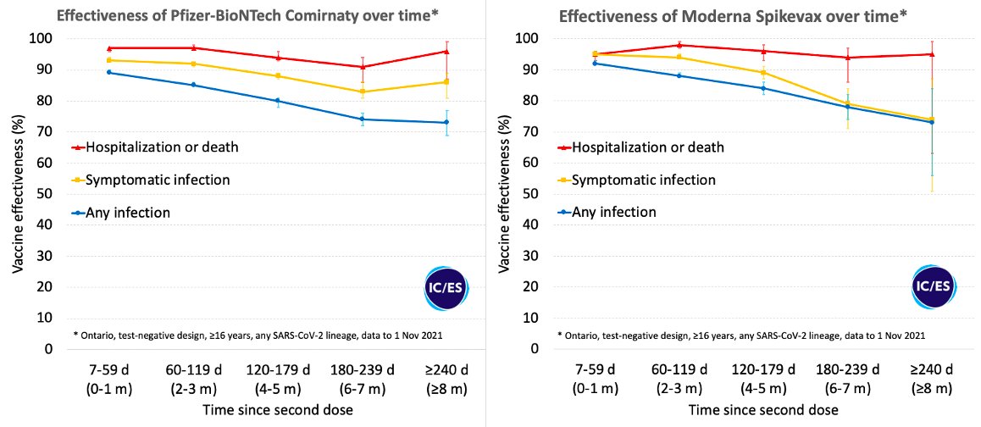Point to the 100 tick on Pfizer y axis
pyautogui.click(x=41, y=38)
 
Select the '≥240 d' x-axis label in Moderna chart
pyautogui.click(x=930, y=371)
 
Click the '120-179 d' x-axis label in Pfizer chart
pyautogui.click(x=278, y=371)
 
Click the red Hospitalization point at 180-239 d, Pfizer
pyautogui.click(x=363, y=67)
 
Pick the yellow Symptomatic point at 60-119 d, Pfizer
pyautogui.click(x=194, y=64)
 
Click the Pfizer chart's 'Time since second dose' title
pyautogui.click(x=278, y=410)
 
